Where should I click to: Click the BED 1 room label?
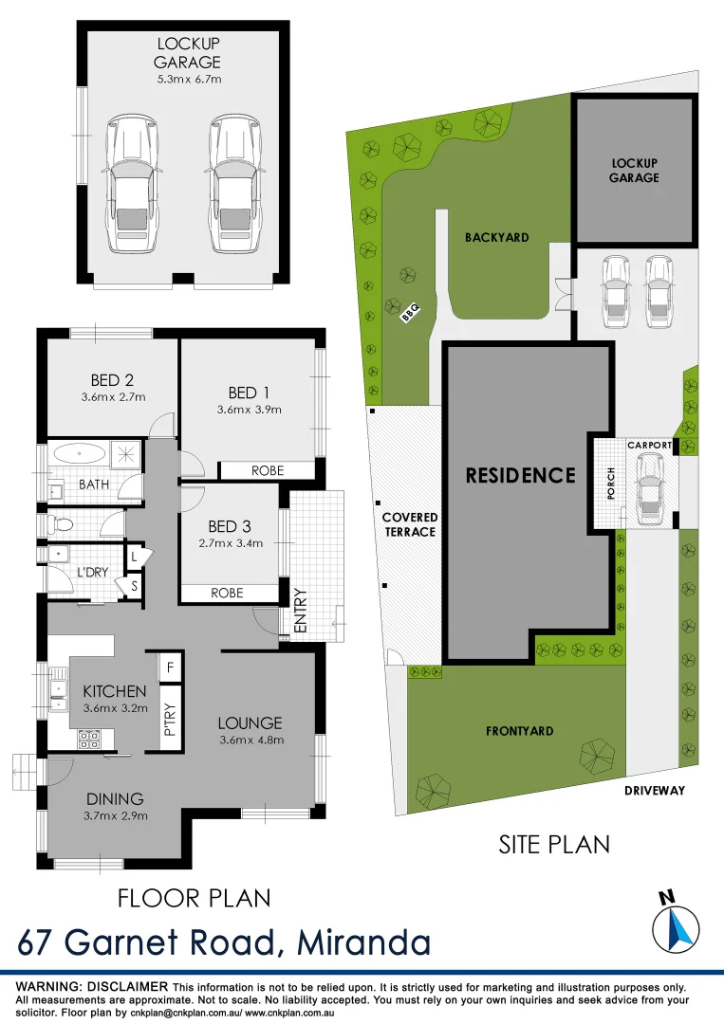click(243, 393)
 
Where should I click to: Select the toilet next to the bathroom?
click(61, 522)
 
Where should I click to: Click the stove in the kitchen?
click(88, 736)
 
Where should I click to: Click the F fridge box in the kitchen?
click(171, 667)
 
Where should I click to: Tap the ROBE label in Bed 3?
click(228, 593)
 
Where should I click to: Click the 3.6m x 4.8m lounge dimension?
click(251, 741)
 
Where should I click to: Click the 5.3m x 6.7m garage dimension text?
click(189, 80)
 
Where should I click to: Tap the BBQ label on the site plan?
click(410, 311)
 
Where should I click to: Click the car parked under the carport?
click(651, 488)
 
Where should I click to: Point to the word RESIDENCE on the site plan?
click(520, 475)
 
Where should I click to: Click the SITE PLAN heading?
click(554, 844)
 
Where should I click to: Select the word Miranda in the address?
click(363, 942)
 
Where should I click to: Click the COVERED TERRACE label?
click(410, 524)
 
